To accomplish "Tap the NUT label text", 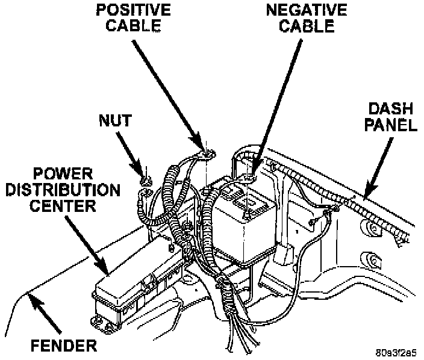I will [x=114, y=120].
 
